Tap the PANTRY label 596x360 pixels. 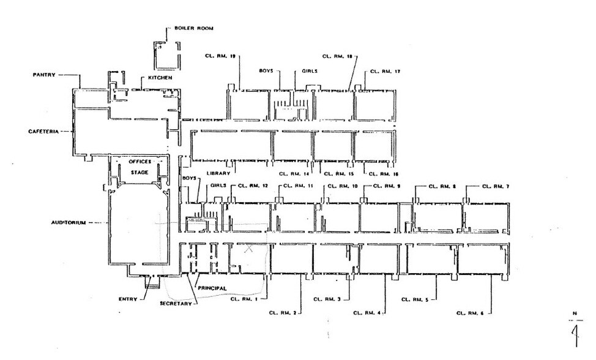click(44, 75)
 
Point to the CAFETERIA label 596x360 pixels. click(43, 132)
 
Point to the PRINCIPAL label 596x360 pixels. click(212, 288)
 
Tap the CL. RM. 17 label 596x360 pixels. click(385, 72)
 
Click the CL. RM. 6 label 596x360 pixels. click(470, 313)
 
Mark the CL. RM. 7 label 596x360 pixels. click(496, 186)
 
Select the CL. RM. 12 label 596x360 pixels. click(252, 186)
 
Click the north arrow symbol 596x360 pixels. click(575, 332)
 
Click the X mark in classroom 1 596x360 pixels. click(248, 249)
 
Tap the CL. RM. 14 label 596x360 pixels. click(292, 173)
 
